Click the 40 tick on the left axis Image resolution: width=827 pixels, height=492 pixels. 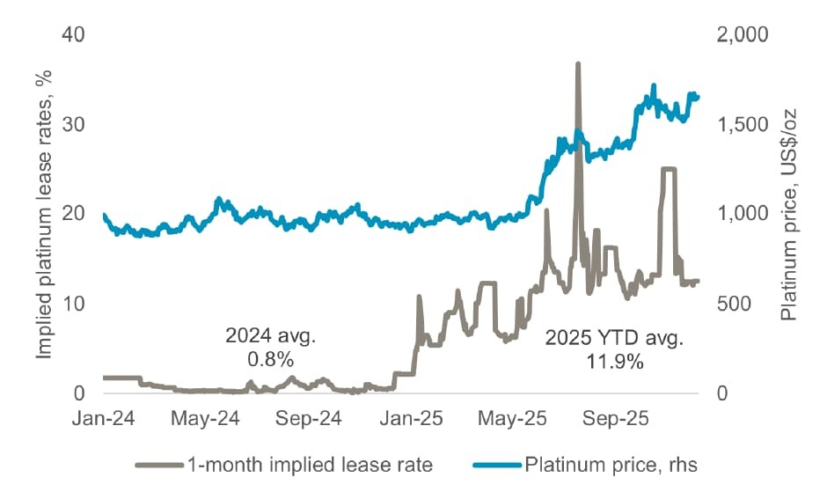pos(73,35)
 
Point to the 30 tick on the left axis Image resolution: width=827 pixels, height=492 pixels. pos(73,125)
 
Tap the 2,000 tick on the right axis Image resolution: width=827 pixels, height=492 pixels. pos(742,35)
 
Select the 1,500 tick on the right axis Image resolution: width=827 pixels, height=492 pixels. pos(742,125)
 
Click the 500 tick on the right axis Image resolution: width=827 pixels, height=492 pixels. pos(734,304)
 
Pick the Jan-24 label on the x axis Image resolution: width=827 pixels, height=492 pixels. pos(104,419)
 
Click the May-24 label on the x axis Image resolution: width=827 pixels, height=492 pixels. pos(205,419)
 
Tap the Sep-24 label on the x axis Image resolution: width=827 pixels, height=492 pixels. pos(309,419)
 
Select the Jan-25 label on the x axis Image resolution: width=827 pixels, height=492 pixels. pos(412,419)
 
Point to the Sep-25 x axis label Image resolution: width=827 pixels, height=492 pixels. pos(616,419)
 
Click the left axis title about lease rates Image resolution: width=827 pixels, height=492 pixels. pos(44,215)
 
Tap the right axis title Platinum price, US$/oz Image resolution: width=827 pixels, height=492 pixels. pos(788,215)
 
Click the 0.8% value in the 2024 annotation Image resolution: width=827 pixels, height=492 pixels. pos(271,359)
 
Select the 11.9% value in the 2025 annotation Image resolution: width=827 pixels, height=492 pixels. pos(614,362)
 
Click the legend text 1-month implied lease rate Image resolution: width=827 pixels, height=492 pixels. pos(310,465)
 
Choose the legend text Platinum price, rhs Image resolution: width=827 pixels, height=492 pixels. pos(611,465)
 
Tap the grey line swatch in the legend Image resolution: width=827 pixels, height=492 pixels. pos(159,465)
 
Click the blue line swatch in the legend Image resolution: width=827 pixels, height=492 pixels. pos(497,465)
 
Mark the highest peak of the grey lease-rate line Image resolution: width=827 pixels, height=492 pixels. pos(578,64)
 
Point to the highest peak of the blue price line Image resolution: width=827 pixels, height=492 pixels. pos(654,85)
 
